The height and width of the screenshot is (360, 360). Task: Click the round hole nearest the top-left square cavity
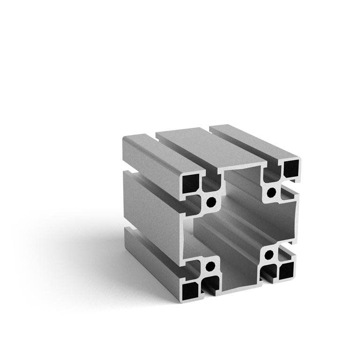click(211, 202)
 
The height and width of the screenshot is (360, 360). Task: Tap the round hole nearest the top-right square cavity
click(271, 192)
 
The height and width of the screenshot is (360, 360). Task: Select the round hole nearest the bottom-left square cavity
click(209, 266)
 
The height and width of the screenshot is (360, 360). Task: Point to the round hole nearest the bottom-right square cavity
click(270, 255)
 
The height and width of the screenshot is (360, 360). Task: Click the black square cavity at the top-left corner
click(191, 181)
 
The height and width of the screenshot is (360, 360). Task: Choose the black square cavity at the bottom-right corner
click(286, 270)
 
